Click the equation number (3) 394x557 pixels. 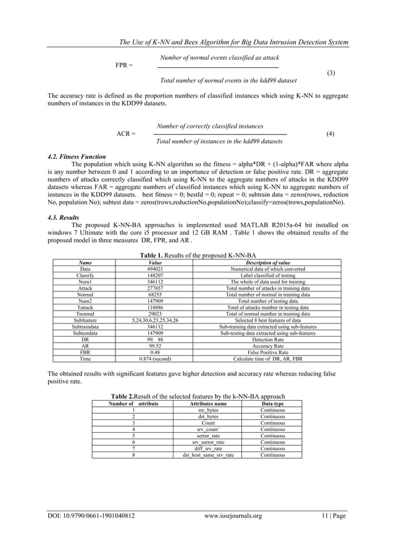330,73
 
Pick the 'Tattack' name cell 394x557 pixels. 85,307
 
